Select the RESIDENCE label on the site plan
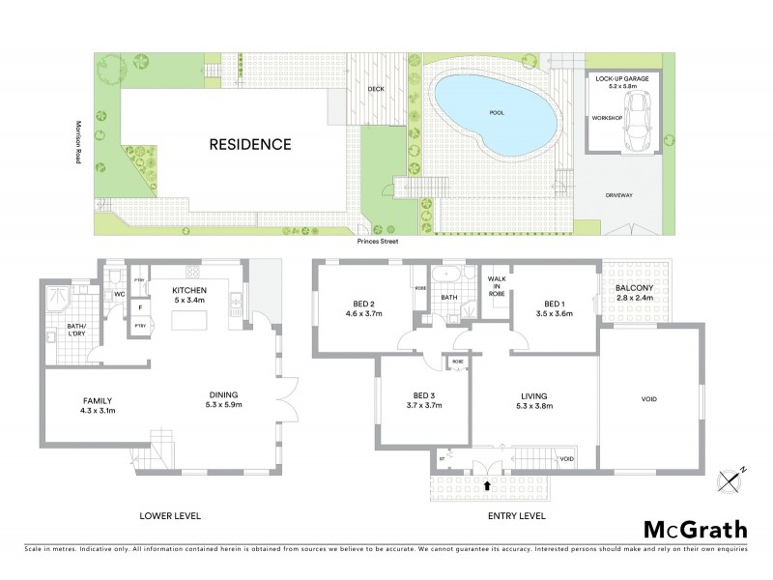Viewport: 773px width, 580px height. pyautogui.click(x=250, y=145)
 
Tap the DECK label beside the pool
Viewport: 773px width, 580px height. pyautogui.click(x=377, y=90)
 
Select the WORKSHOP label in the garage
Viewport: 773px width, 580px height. pyautogui.click(x=605, y=119)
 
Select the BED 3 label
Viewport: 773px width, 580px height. pyautogui.click(x=425, y=394)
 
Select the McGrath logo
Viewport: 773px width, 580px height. pyautogui.click(x=695, y=529)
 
